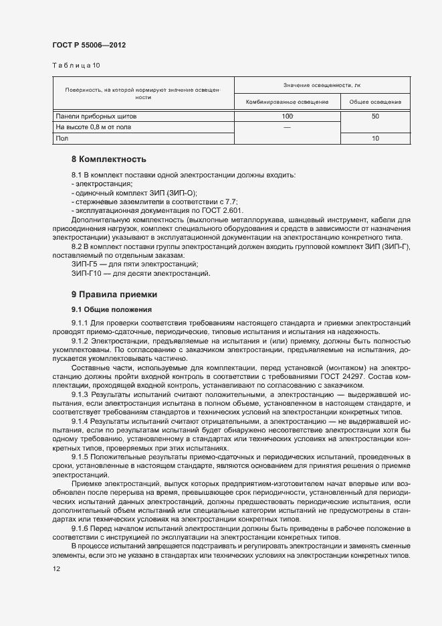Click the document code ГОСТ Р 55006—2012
[x=89, y=45]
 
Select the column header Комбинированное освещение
[x=287, y=102]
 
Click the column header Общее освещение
[x=374, y=102]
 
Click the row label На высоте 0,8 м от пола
[x=94, y=127]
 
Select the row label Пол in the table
[x=62, y=138]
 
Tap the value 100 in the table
[x=288, y=116]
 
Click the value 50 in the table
[x=375, y=116]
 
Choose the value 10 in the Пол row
[x=375, y=138]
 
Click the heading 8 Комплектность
[x=109, y=159]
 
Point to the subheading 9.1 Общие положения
[x=112, y=309]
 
